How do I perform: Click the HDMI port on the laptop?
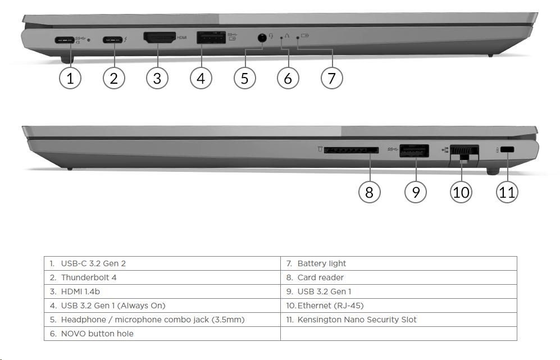pyautogui.click(x=160, y=37)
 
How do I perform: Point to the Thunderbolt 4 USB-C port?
pyautogui.click(x=112, y=40)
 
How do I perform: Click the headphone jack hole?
pyautogui.click(x=262, y=37)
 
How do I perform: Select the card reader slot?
pyautogui.click(x=352, y=149)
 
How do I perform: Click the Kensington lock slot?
pyautogui.click(x=507, y=149)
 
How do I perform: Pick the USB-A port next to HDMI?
pyautogui.click(x=211, y=38)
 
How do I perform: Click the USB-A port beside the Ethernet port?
pyautogui.click(x=414, y=151)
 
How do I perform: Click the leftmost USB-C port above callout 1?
pyautogui.click(x=65, y=40)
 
